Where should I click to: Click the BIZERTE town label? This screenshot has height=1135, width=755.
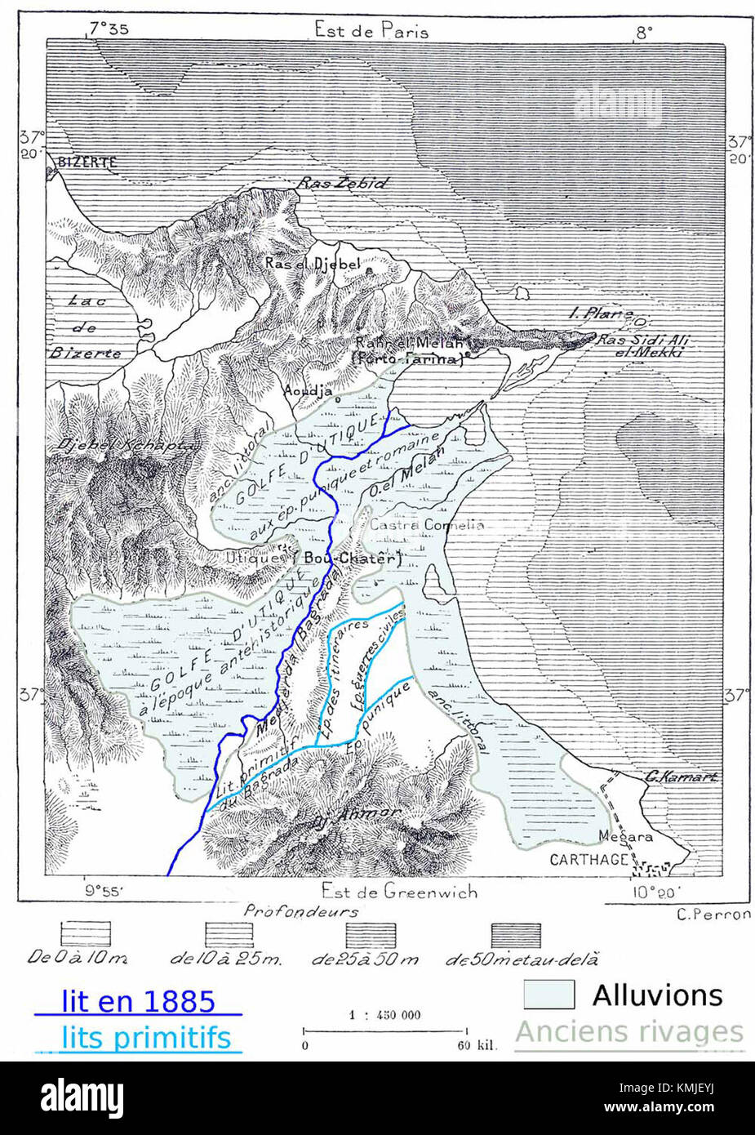pyautogui.click(x=87, y=162)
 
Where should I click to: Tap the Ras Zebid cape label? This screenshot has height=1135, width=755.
pyautogui.click(x=341, y=184)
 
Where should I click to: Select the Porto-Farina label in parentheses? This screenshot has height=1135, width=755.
pyautogui.click(x=406, y=358)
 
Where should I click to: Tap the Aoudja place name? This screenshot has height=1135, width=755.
pyautogui.click(x=309, y=390)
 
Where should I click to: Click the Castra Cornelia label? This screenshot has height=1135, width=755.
pyautogui.click(x=427, y=525)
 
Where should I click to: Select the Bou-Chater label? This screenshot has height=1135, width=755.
pyautogui.click(x=353, y=559)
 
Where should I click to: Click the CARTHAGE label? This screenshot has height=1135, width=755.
pyautogui.click(x=588, y=859)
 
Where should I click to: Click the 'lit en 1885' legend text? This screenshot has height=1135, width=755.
pyautogui.click(x=138, y=1001)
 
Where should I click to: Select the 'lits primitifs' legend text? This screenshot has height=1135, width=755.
pyautogui.click(x=145, y=1038)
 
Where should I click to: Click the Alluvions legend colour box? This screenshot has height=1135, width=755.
pyautogui.click(x=548, y=995)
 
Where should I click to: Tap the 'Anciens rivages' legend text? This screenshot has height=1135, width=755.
pyautogui.click(x=629, y=1032)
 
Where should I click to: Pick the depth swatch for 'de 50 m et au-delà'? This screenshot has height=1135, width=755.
pyautogui.click(x=516, y=934)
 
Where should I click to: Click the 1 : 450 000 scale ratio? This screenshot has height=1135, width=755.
pyautogui.click(x=384, y=1015)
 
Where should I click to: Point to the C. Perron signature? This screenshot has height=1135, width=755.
pyautogui.click(x=713, y=914)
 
